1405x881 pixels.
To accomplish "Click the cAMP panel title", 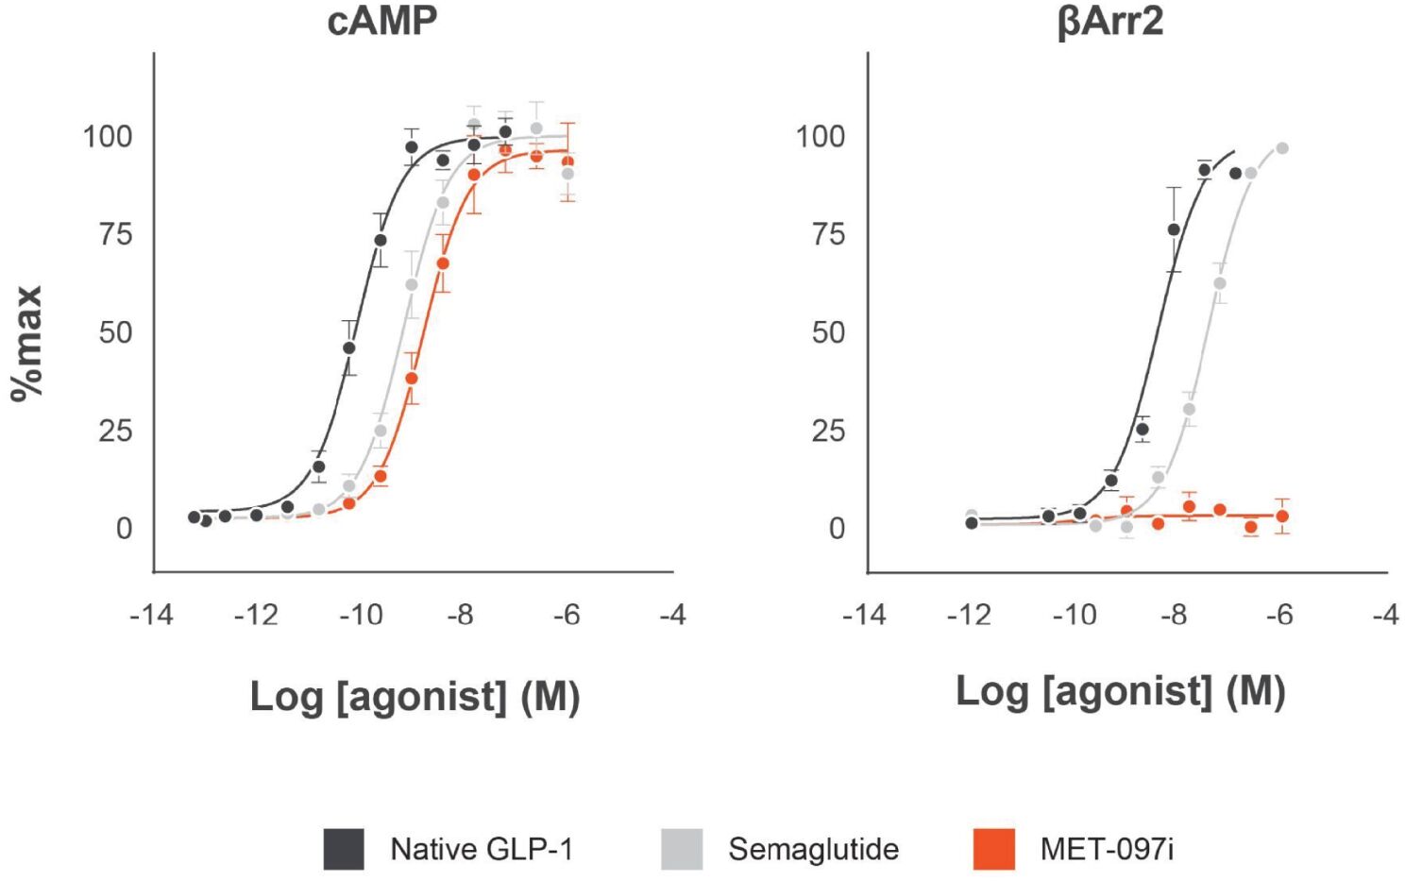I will [x=382, y=21].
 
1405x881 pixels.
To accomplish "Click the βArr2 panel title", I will [x=1110, y=21].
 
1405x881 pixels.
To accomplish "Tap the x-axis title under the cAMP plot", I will [x=415, y=697].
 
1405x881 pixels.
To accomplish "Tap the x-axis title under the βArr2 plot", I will [x=1120, y=691].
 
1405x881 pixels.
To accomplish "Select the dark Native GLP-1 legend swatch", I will [x=344, y=849].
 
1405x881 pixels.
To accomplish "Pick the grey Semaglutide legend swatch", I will [x=682, y=849].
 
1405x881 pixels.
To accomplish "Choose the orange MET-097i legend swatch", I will [x=993, y=849].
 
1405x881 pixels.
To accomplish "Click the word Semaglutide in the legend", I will [x=813, y=849].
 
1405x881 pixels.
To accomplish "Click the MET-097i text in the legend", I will [x=1107, y=849].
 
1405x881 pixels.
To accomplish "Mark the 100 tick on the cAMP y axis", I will [x=108, y=137].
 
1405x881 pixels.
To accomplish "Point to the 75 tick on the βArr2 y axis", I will [x=828, y=234].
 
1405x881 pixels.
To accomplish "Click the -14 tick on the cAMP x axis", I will [x=151, y=616].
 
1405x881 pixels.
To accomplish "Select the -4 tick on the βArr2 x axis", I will [x=1384, y=616].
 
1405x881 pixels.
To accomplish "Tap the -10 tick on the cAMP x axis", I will [x=361, y=616].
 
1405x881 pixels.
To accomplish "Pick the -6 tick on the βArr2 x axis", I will [x=1278, y=616].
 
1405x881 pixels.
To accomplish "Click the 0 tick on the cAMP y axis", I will [x=124, y=529].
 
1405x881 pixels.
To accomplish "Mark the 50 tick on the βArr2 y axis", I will [x=828, y=332].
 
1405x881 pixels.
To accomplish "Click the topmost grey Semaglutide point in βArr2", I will [x=1282, y=148].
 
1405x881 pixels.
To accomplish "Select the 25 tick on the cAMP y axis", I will [x=115, y=431].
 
